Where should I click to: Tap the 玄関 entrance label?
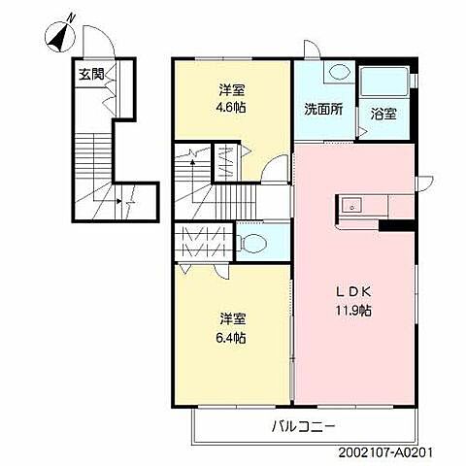pos(92,74)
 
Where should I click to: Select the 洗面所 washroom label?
pos(321,109)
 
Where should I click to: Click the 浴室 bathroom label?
pos(382,113)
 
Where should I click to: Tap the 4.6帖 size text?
pos(232,108)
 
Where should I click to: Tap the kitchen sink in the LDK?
pos(350,204)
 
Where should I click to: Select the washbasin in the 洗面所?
pos(339,72)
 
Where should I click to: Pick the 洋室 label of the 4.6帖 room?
pos(232,90)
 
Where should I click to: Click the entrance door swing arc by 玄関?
pos(94,42)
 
